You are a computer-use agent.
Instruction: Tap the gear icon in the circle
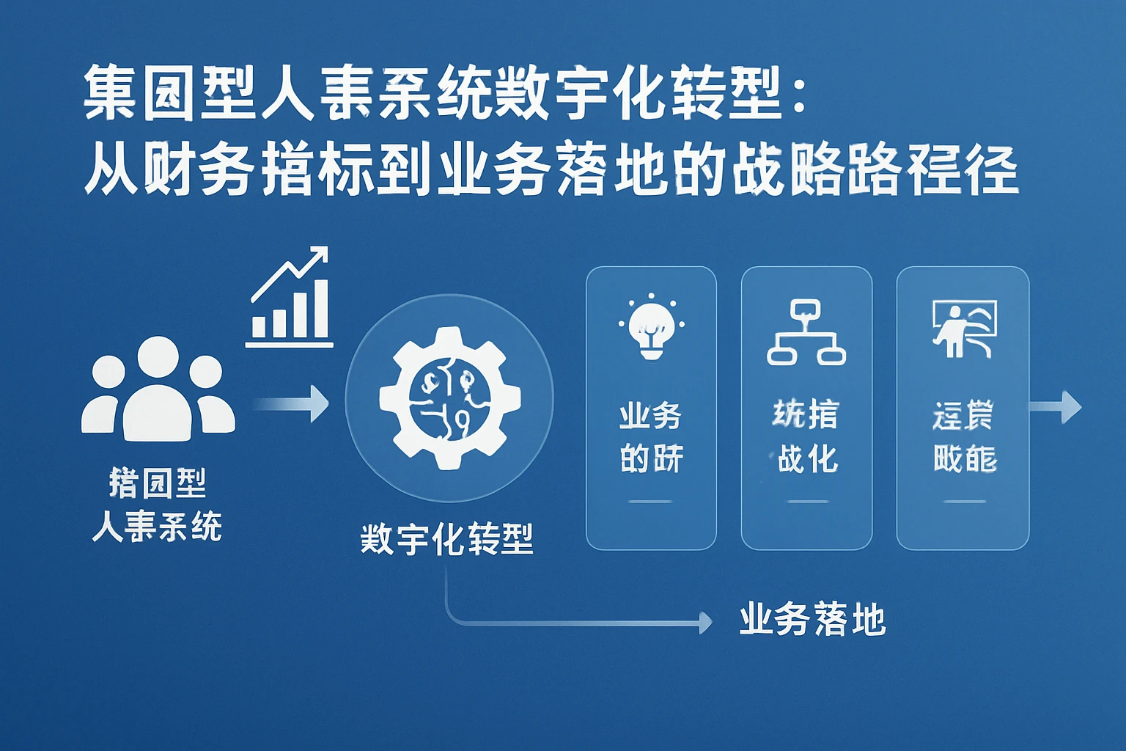(449, 398)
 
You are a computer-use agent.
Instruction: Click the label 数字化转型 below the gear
(446, 539)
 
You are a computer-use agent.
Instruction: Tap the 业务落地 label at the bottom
(812, 620)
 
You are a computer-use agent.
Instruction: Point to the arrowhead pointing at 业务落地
(705, 623)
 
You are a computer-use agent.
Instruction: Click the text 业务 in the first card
(651, 416)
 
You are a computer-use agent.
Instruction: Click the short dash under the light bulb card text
(650, 502)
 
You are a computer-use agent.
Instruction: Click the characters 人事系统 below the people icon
(157, 526)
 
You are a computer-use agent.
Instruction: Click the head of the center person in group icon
(158, 358)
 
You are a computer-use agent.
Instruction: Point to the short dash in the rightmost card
(964, 502)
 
